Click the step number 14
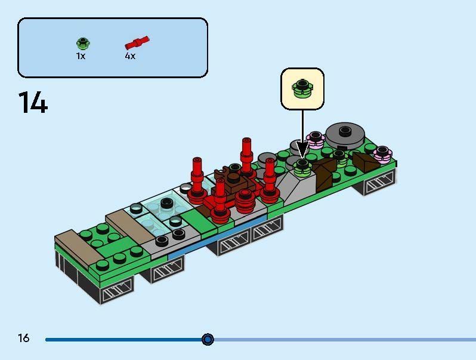pyautogui.click(x=33, y=103)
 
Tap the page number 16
pyautogui.click(x=23, y=339)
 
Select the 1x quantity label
pyautogui.click(x=81, y=56)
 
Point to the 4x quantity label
pyautogui.click(x=130, y=56)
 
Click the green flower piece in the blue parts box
pyautogui.click(x=82, y=43)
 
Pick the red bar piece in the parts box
pyautogui.click(x=137, y=43)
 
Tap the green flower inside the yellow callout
pyautogui.click(x=302, y=88)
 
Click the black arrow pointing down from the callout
pyautogui.click(x=302, y=134)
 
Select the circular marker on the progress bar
pyautogui.click(x=208, y=339)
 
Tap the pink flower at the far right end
pyautogui.click(x=382, y=153)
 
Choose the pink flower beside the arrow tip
pyautogui.click(x=315, y=140)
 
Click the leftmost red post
pyautogui.click(x=197, y=176)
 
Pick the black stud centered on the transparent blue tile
pyautogui.click(x=166, y=204)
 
